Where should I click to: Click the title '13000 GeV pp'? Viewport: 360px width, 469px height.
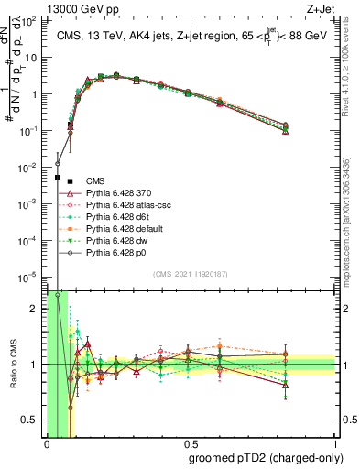pos(80,7)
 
